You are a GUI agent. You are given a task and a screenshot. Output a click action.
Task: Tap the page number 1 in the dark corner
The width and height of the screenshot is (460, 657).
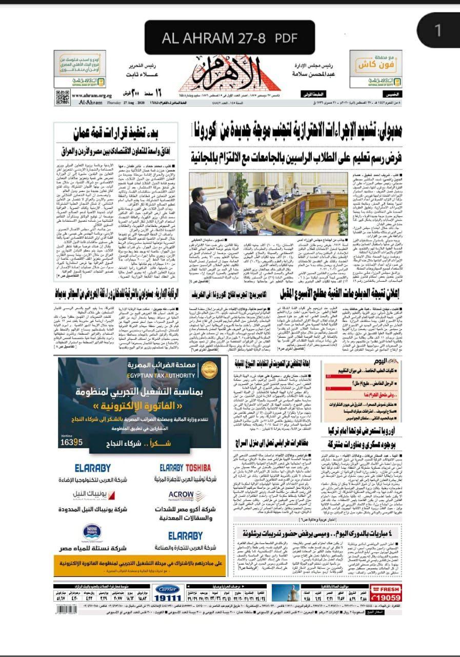pos(437,30)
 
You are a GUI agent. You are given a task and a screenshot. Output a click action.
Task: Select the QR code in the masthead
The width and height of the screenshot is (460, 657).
pos(63,96)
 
